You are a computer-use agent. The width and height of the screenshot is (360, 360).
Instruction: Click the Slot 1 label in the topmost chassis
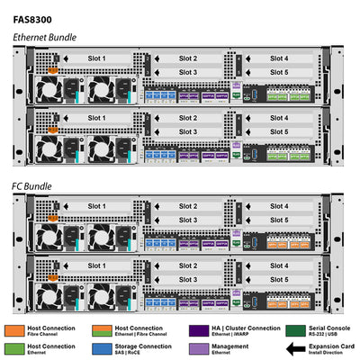[x=96, y=58]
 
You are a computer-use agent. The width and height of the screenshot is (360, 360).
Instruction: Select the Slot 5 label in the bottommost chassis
[x=280, y=280]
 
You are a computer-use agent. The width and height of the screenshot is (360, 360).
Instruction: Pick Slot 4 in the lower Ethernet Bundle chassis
[x=280, y=118]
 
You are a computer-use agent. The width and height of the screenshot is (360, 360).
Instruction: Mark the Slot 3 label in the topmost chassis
[x=188, y=72]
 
